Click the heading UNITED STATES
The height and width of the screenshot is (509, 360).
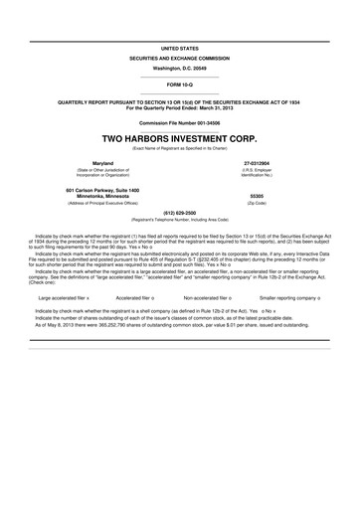pos(179,47)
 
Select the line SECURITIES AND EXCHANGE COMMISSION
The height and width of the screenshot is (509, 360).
pos(179,59)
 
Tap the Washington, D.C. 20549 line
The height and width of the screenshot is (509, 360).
pos(179,70)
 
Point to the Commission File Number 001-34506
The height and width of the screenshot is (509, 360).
pos(179,122)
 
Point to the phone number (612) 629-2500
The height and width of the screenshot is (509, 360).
pos(179,212)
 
